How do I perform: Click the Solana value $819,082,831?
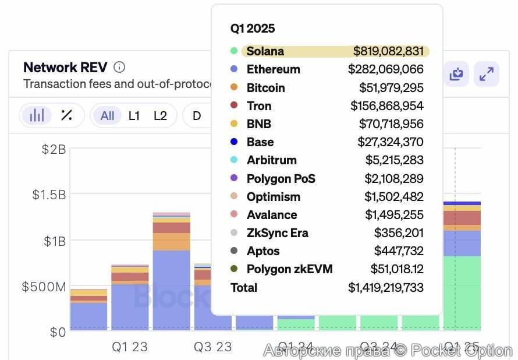click(388, 51)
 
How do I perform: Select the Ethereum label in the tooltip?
click(273, 69)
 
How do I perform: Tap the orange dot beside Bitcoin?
click(234, 87)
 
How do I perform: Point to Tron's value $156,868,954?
click(386, 106)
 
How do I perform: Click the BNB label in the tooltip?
click(258, 124)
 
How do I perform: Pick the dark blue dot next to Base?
click(234, 142)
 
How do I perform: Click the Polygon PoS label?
click(281, 179)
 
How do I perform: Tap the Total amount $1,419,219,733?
click(385, 288)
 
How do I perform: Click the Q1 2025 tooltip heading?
click(253, 29)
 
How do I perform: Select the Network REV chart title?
click(65, 67)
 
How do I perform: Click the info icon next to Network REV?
click(119, 67)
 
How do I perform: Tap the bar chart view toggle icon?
click(37, 115)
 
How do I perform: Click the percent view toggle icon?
click(66, 115)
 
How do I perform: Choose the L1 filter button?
click(134, 116)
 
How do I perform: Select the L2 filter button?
click(160, 116)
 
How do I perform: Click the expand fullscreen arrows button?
click(486, 74)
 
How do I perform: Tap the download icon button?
click(456, 74)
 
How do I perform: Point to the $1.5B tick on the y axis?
click(49, 195)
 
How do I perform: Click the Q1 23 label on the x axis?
click(129, 347)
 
